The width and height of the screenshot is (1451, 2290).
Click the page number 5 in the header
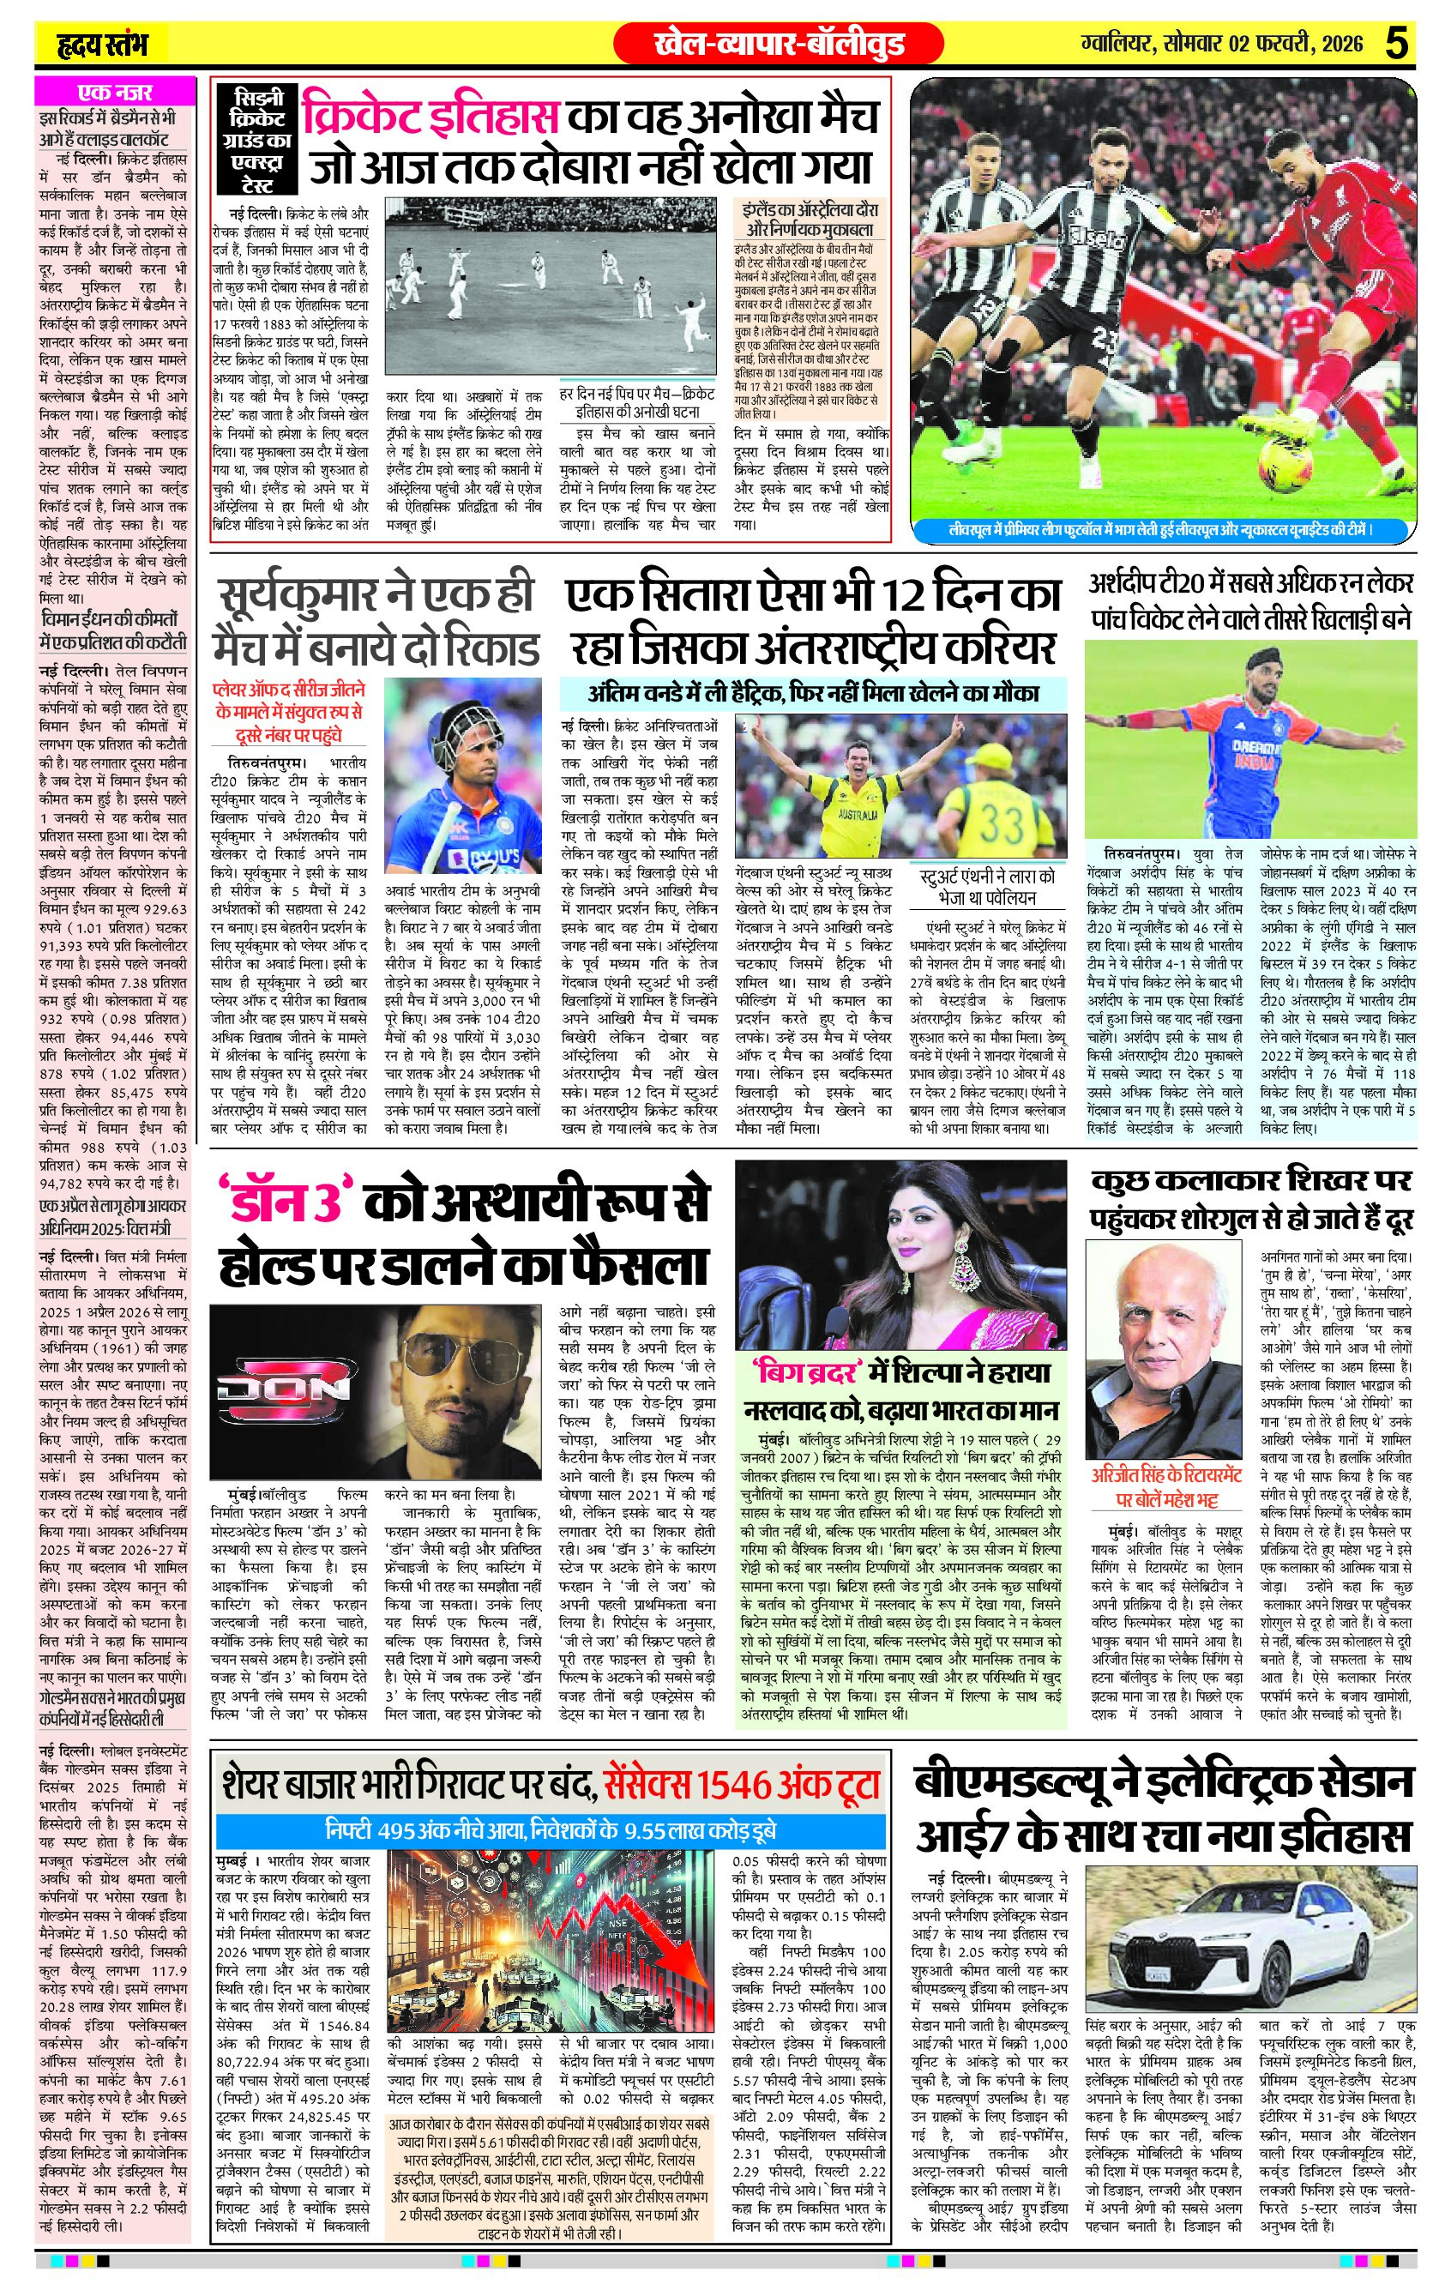(x=1396, y=44)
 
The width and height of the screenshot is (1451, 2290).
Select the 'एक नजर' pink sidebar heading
(x=113, y=93)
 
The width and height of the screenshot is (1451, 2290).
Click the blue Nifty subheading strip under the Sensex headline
(x=551, y=1830)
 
